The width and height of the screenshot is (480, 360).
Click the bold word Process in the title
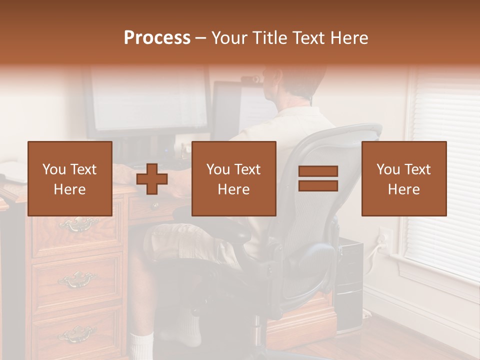(157, 38)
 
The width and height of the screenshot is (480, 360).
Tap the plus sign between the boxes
(152, 179)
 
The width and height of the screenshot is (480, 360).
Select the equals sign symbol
(318, 179)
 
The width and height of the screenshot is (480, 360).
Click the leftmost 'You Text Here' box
(70, 178)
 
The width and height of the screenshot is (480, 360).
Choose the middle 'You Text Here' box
(233, 178)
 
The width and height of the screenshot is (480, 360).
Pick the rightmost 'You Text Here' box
(403, 178)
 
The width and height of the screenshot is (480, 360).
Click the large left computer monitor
(147, 102)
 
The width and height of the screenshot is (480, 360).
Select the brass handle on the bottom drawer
(76, 333)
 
